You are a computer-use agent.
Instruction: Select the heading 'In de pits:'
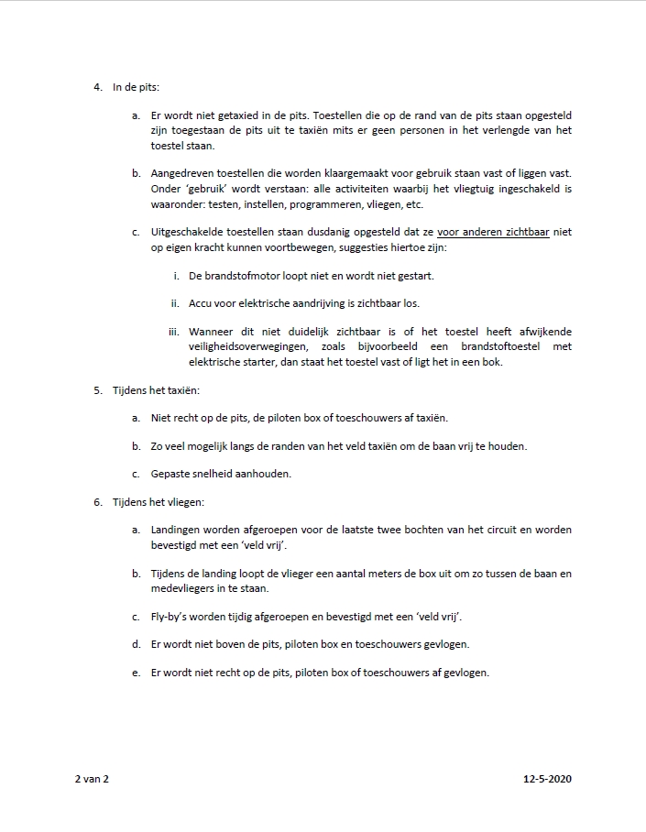tap(136, 88)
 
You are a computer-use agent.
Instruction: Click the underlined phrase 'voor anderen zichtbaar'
tap(493, 233)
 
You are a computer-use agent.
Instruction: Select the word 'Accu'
tap(201, 303)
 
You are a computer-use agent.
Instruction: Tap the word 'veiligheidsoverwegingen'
tap(246, 346)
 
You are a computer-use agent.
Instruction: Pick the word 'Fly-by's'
tap(172, 616)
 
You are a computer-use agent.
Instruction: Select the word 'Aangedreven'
tap(184, 173)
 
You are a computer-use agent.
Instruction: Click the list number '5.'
tap(97, 390)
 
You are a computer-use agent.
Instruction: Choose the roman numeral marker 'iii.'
tap(174, 332)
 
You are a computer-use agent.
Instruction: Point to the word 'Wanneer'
tap(214, 332)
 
